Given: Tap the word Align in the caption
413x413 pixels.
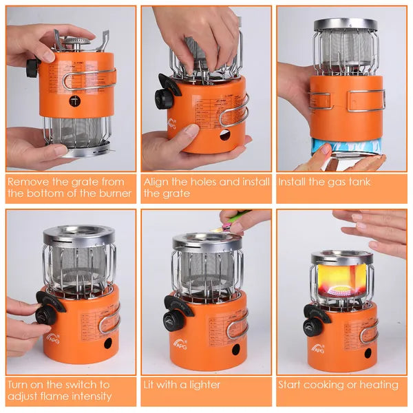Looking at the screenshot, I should pos(157,182).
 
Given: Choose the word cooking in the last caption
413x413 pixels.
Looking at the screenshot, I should pos(327,384).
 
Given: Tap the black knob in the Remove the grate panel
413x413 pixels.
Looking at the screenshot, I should pos(31,68).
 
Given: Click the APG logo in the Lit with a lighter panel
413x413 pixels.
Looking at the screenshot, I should pos(181,341).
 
